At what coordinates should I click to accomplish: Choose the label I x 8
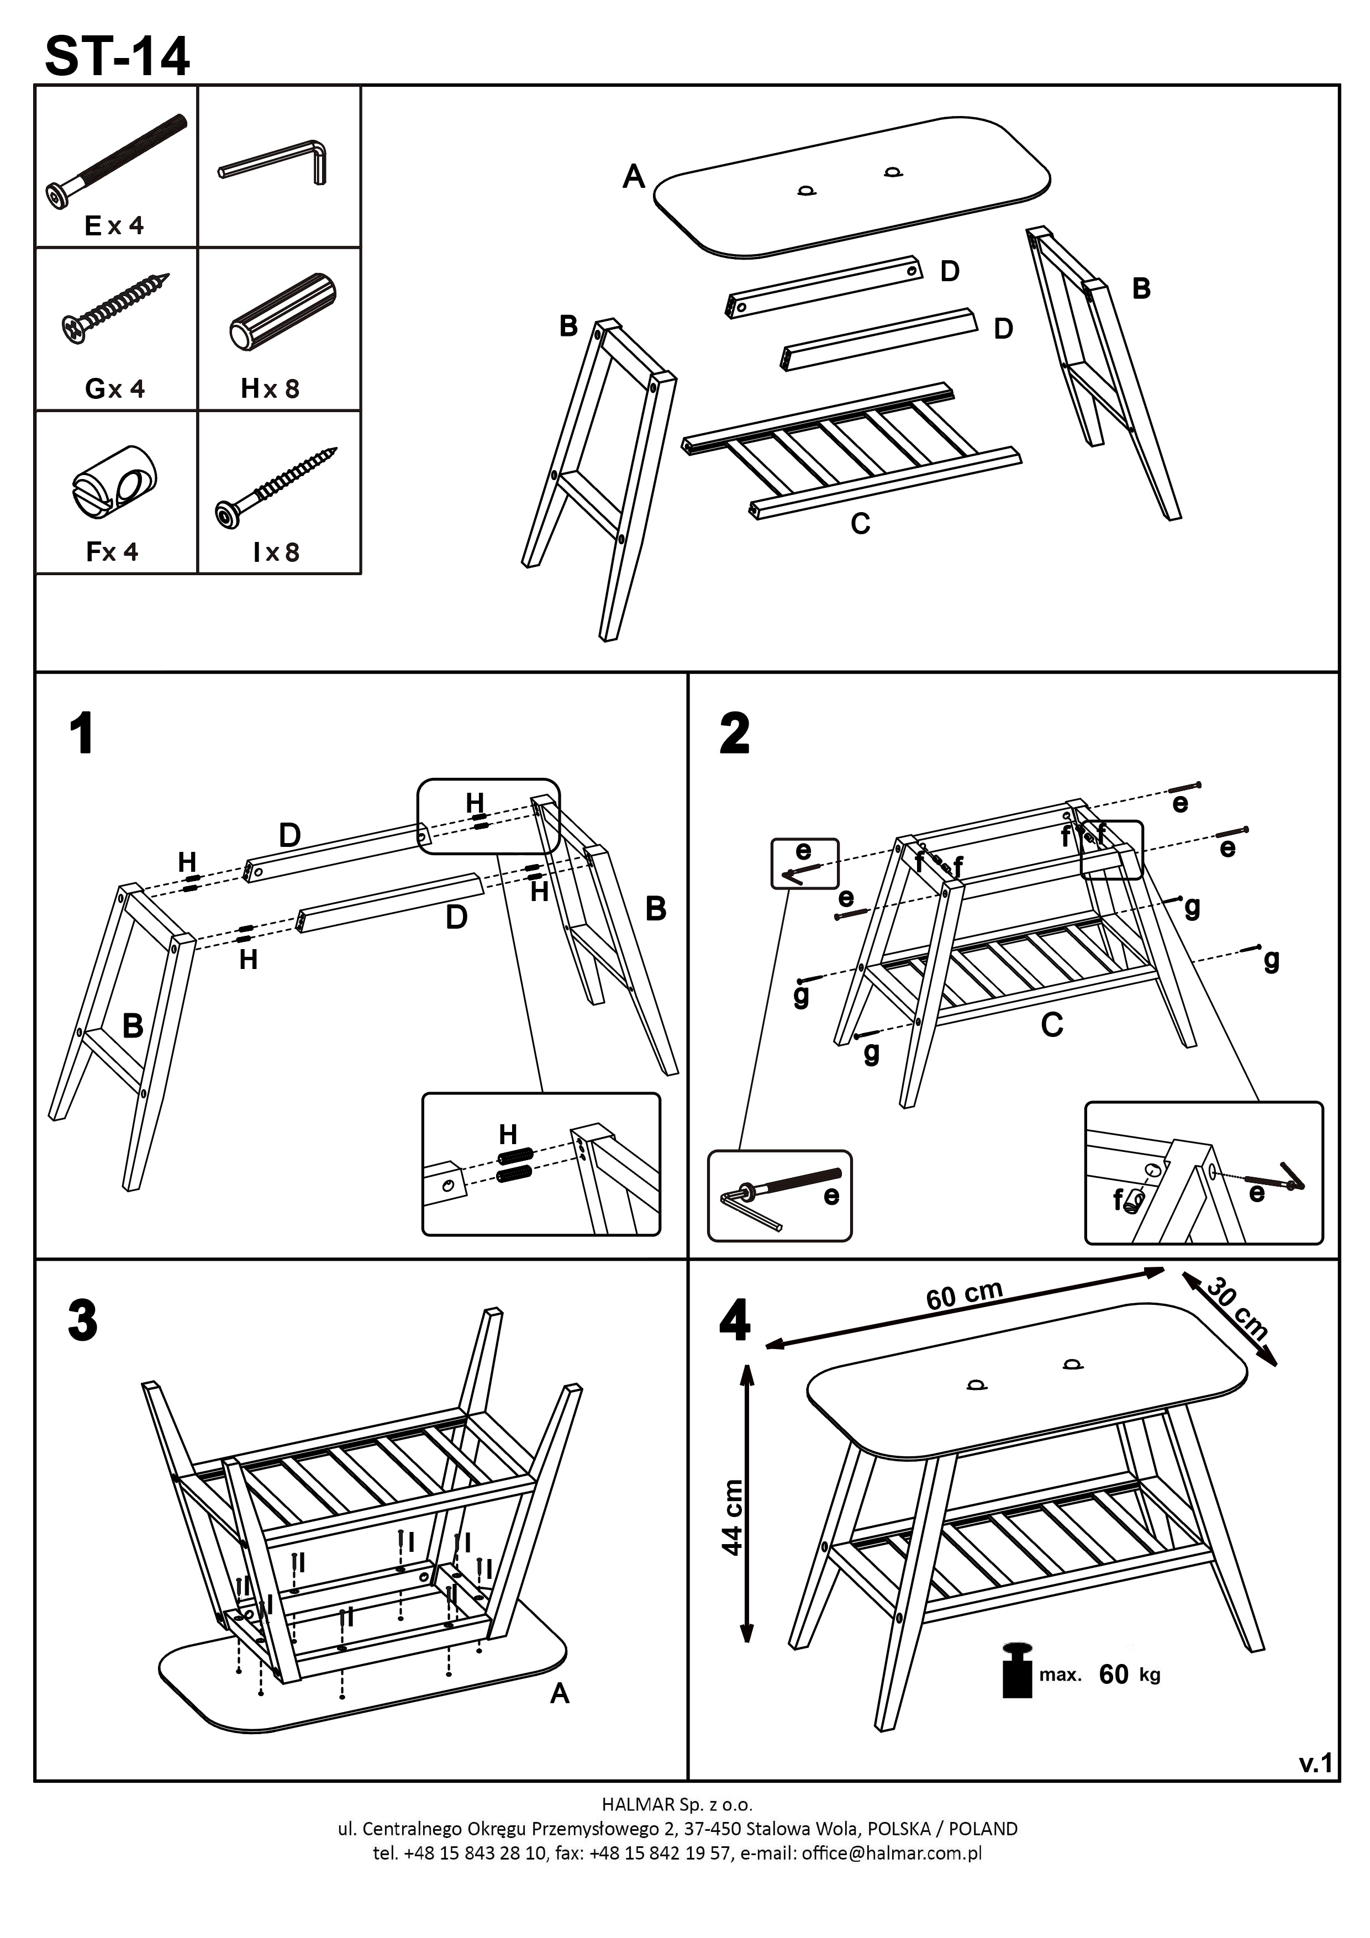pyautogui.click(x=276, y=552)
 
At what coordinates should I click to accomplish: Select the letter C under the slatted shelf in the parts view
pyautogui.click(x=860, y=524)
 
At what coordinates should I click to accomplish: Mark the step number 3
pyautogui.click(x=82, y=1320)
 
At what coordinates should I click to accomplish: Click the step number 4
pyautogui.click(x=734, y=1320)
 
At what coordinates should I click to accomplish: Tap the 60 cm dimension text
pyautogui.click(x=964, y=1295)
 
